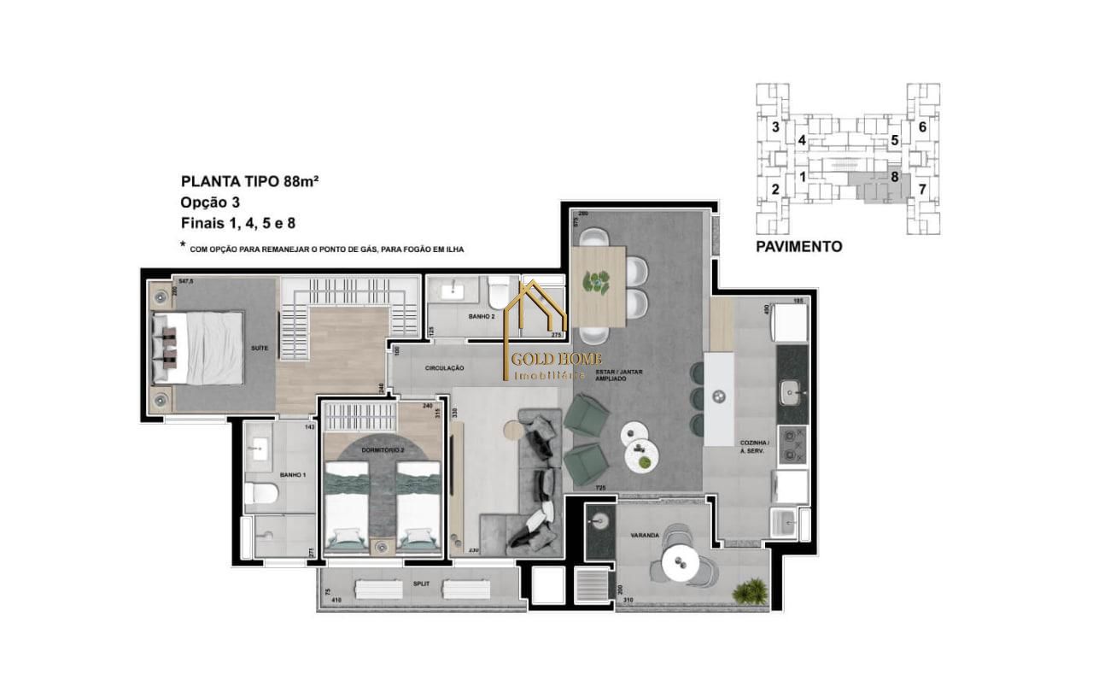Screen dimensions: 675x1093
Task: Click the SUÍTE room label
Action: pos(260,349)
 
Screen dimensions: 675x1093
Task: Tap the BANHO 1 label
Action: pos(293,474)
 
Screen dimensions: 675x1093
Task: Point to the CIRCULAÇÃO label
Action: pos(444,367)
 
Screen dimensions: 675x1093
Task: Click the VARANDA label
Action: pos(644,535)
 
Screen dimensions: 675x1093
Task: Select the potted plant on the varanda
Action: pos(754,590)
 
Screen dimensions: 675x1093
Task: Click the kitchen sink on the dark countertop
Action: pos(792,393)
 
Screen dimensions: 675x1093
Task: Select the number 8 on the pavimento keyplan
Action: pos(894,177)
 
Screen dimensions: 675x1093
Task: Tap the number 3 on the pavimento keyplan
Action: pos(774,127)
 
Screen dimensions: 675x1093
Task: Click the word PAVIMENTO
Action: pos(798,247)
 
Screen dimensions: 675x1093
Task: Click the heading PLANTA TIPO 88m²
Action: pos(249,181)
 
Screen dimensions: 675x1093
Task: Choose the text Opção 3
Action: pos(210,202)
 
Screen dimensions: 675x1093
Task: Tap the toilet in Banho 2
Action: pos(497,295)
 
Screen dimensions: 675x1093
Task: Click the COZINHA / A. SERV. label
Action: pos(755,446)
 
